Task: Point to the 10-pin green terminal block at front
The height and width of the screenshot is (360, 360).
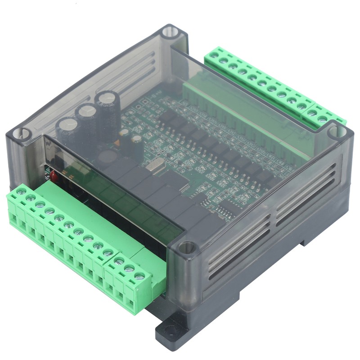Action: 63,234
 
